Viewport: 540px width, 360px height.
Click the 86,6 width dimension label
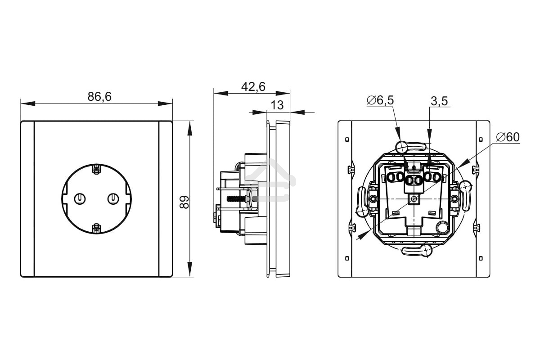99,96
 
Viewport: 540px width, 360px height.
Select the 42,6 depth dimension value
253,86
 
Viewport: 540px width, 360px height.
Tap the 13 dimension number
278,105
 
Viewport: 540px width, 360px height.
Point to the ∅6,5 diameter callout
380,100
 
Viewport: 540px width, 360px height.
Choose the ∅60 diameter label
508,137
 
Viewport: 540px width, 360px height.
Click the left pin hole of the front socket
80,198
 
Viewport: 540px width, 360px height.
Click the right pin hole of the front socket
112,198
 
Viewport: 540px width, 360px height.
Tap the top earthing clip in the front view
96,170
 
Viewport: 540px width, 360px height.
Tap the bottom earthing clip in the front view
96,228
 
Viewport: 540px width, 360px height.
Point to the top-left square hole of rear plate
346,139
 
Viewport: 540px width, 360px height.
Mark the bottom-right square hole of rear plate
481,258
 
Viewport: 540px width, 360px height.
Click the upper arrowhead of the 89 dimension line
190,128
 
